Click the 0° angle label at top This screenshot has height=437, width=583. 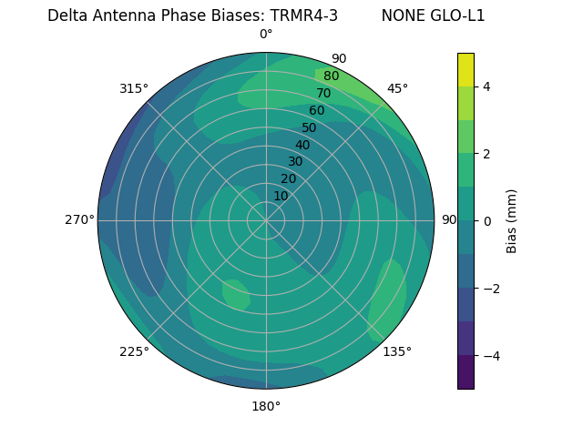tap(266, 35)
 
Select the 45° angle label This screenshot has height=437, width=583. tap(397, 88)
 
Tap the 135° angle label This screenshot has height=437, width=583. tap(397, 351)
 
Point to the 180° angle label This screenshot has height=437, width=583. tap(266, 406)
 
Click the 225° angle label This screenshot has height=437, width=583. tap(134, 351)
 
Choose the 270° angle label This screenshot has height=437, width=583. tap(79, 220)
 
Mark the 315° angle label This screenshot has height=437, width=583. tap(134, 88)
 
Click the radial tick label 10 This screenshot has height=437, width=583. tap(281, 196)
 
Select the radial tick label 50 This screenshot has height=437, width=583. tap(309, 127)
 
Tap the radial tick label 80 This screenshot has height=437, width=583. tap(331, 76)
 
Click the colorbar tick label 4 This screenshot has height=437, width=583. tap(486, 86)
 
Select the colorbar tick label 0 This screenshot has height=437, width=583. tap(486, 221)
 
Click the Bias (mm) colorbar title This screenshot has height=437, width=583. tap(512, 221)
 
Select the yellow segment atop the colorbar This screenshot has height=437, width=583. tap(465, 69)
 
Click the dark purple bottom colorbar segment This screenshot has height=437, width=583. tap(465, 372)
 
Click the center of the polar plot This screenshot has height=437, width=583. tap(266, 220)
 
